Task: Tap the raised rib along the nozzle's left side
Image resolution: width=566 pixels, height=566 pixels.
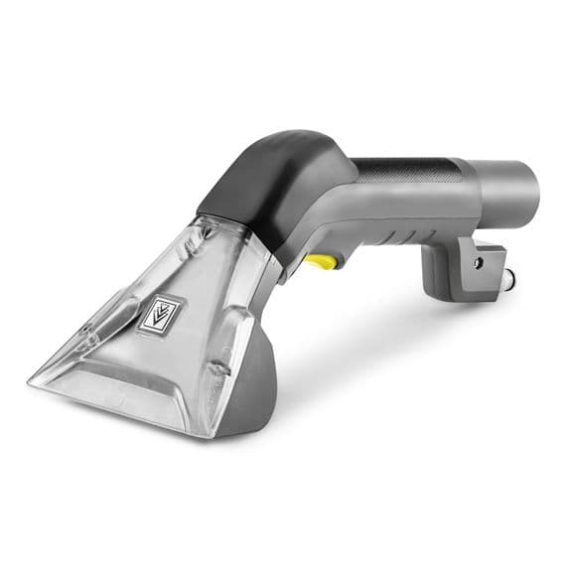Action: pos(109,298)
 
